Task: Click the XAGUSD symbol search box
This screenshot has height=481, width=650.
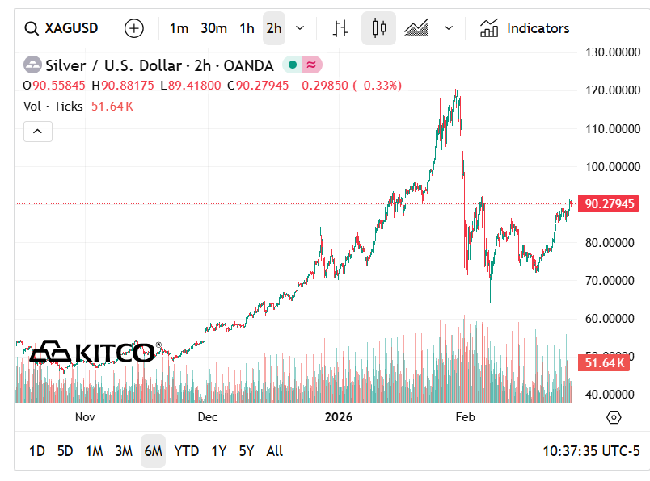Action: point(61,28)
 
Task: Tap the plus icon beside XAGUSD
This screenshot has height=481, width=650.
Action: point(134,28)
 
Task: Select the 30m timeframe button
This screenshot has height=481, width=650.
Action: point(213,28)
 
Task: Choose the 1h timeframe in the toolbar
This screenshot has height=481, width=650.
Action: point(247,28)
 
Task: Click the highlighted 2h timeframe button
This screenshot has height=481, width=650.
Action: point(274,28)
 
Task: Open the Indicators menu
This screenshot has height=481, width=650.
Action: point(525,28)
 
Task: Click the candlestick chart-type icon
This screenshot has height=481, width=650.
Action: point(378,28)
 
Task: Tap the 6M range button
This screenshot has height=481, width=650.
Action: point(153,451)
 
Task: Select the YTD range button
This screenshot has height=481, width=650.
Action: point(187,451)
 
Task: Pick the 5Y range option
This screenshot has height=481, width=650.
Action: point(247,451)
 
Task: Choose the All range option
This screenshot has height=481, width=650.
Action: point(275,451)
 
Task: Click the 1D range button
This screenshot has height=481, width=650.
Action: point(37,451)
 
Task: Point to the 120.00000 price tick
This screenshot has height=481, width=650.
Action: point(612,90)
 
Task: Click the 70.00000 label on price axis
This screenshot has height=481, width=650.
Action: point(612,281)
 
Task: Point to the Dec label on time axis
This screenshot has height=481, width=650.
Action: point(208,417)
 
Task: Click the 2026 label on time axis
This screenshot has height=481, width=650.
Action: point(338,417)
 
